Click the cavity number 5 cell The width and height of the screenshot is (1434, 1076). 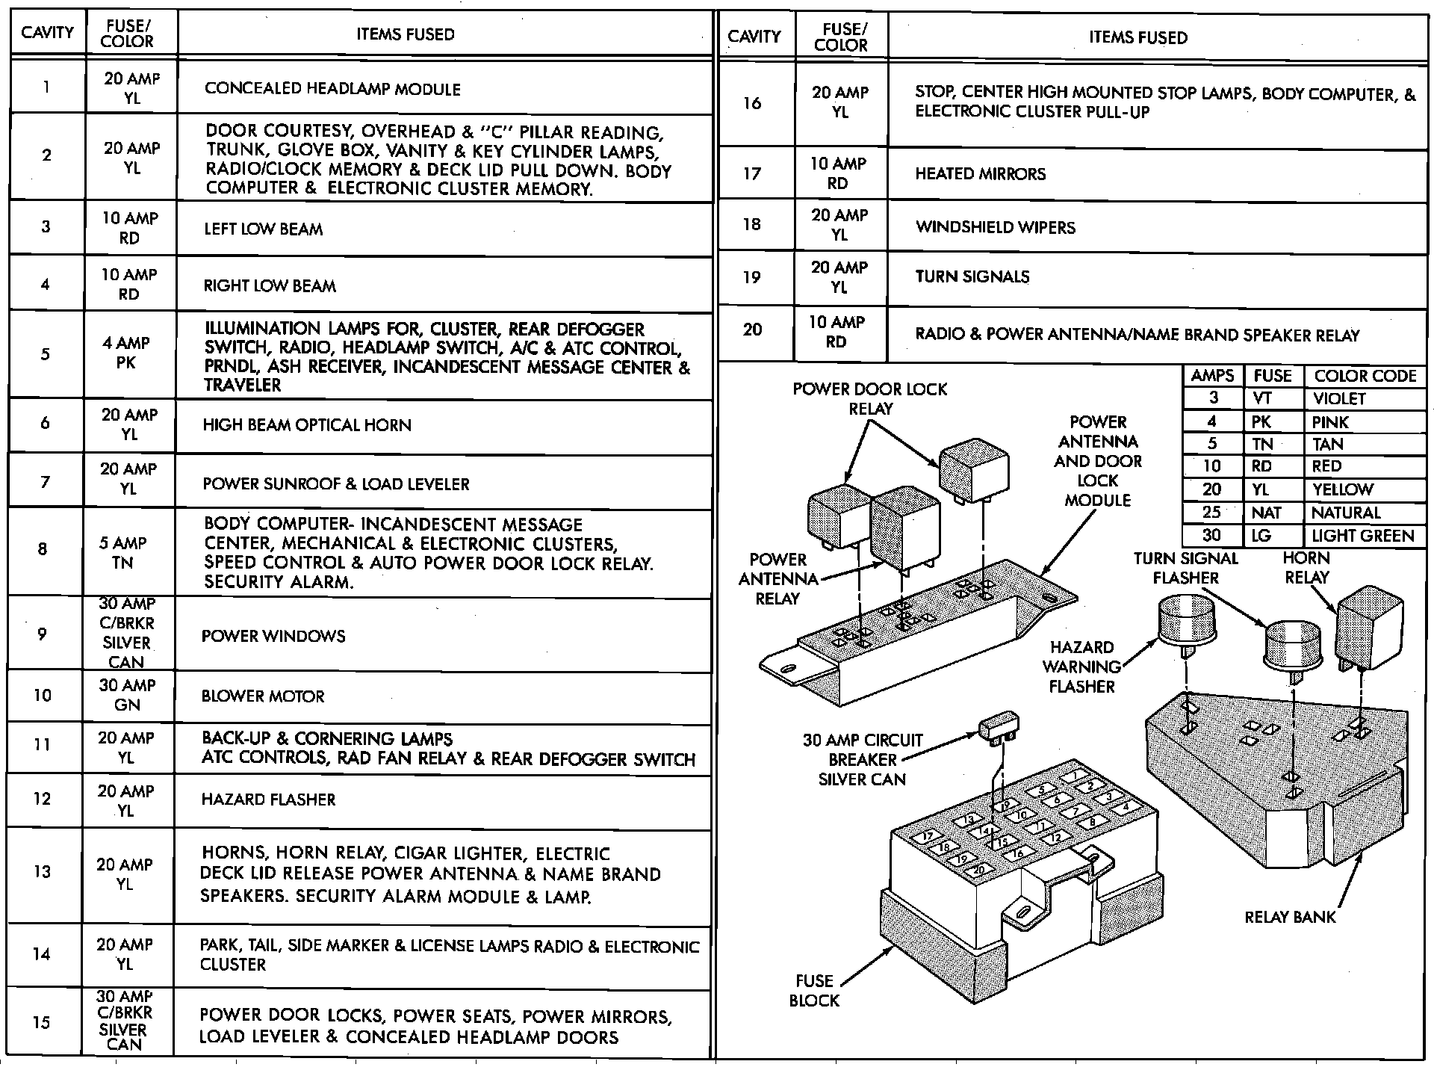(x=45, y=354)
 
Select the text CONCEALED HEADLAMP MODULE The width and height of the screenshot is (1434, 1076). (x=332, y=89)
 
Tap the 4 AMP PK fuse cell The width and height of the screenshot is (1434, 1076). (x=127, y=353)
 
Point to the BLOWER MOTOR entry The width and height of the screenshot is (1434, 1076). (x=263, y=696)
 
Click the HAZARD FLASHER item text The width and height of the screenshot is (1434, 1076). (x=268, y=800)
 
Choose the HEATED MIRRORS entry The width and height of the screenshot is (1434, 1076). (x=980, y=174)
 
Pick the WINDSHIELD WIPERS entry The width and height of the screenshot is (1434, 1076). (x=995, y=227)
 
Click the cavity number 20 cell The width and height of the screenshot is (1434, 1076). (x=752, y=330)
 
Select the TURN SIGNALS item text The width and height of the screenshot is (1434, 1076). (x=972, y=276)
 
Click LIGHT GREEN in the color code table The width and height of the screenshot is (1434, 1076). (x=1362, y=536)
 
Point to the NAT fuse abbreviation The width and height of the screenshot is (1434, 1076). (x=1266, y=513)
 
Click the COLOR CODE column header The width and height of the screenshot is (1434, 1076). (x=1365, y=376)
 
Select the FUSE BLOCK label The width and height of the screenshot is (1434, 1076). (x=814, y=990)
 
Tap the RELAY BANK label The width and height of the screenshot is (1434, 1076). (x=1290, y=917)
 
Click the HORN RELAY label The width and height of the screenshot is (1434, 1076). (x=1306, y=568)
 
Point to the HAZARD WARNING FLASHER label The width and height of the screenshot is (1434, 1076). (x=1081, y=667)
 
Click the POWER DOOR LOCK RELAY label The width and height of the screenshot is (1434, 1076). (x=869, y=399)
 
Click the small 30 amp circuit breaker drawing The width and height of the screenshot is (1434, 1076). (x=999, y=729)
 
